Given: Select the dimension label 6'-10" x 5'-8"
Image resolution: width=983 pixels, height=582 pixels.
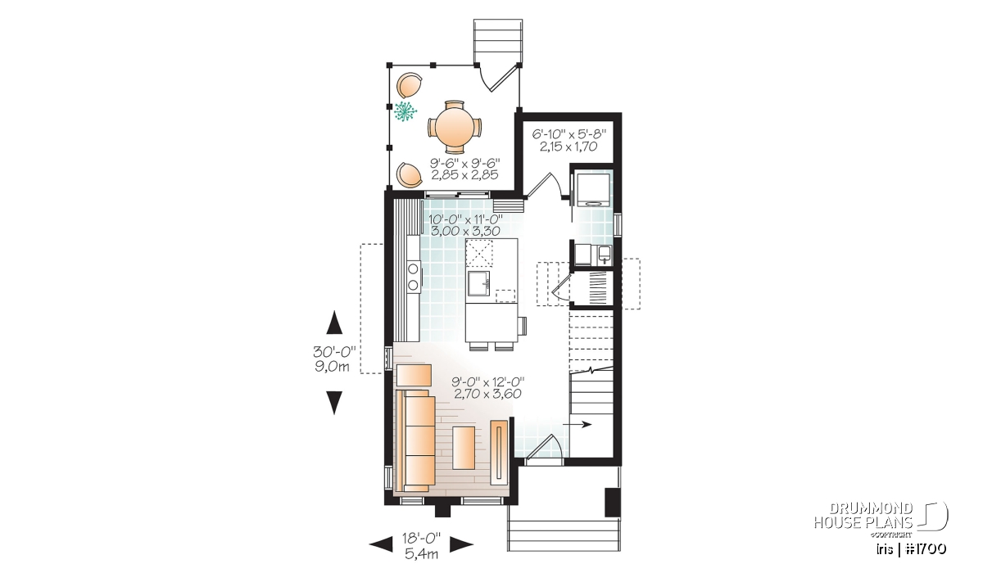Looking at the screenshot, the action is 569,133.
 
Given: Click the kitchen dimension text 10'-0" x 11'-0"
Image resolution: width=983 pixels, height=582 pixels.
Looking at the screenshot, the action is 465,219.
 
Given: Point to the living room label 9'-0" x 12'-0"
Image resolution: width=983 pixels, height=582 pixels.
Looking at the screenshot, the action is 488,381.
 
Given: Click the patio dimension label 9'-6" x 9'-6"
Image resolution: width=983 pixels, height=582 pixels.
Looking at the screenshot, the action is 464,163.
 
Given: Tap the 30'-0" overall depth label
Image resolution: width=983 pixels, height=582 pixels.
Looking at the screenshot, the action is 334,352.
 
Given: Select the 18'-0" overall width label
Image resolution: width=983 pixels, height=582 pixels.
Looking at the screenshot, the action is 421,538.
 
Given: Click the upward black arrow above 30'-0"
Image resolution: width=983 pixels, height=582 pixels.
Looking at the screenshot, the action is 334,323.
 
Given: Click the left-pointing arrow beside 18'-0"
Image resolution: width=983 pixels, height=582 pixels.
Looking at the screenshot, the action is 381,544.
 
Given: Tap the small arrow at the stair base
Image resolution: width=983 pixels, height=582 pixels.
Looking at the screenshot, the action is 577,424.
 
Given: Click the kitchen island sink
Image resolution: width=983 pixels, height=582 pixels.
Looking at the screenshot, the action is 478,283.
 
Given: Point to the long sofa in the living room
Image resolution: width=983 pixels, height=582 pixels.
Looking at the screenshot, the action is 108,440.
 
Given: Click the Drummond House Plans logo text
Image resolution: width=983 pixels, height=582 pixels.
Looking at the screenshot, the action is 863,516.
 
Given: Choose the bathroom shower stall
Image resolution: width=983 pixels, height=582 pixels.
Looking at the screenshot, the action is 593,190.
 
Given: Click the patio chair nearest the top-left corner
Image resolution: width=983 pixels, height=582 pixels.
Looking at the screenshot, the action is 102,84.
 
